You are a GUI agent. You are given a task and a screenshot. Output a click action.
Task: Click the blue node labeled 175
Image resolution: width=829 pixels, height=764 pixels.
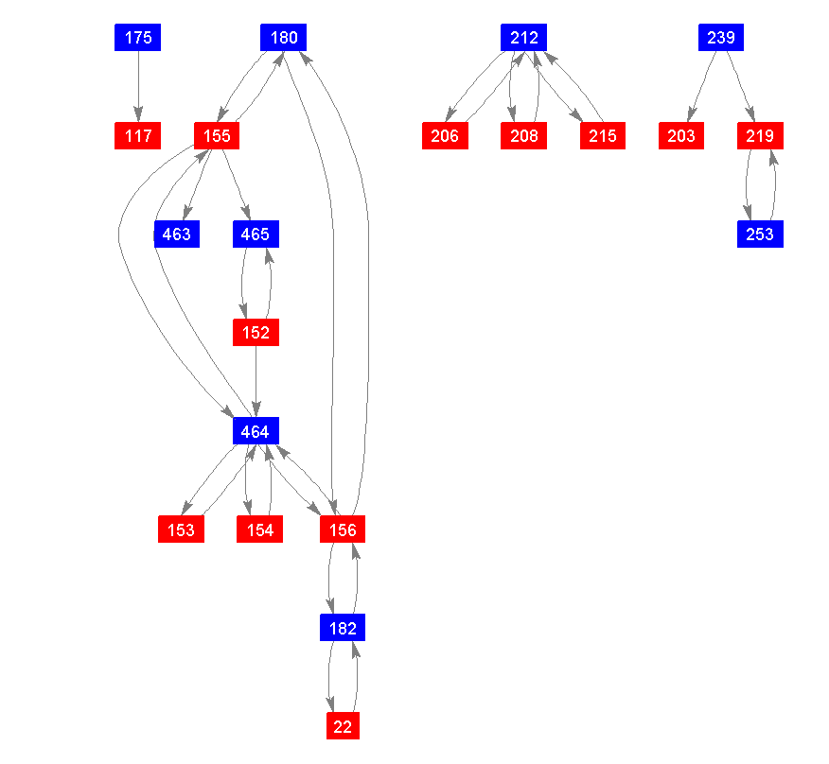138,38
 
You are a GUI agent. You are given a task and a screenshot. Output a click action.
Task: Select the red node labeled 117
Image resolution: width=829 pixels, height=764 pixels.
138,136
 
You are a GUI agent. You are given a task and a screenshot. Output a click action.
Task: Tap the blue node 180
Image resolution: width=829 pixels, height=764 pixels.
284,38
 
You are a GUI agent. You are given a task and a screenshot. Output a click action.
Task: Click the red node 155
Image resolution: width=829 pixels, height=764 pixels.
217,136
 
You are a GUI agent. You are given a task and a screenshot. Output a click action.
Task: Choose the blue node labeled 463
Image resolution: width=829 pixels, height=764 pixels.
177,234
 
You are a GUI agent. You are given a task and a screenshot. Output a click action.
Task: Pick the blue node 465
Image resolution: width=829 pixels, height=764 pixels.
256,234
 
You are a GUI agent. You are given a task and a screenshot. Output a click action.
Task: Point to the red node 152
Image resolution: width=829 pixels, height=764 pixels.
256,333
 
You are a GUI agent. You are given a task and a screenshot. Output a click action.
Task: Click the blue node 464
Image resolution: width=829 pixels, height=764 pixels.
256,431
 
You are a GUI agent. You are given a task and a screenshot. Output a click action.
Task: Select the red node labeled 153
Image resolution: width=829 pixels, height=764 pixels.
181,530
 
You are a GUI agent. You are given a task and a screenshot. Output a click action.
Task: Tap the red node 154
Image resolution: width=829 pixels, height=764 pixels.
260,530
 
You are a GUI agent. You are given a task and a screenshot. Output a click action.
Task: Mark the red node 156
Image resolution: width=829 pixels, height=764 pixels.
343,530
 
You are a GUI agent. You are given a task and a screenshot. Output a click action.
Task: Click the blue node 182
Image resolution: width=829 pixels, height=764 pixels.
343,628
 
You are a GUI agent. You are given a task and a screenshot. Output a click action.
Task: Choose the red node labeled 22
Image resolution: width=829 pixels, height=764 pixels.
343,726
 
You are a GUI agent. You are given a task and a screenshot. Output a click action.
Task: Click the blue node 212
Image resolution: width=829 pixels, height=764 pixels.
523,38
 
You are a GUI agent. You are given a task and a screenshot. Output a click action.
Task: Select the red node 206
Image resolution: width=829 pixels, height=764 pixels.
445,136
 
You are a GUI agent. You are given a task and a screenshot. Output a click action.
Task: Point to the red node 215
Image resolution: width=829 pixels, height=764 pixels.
603,136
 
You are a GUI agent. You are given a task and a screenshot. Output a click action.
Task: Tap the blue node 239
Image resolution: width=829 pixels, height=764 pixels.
721,38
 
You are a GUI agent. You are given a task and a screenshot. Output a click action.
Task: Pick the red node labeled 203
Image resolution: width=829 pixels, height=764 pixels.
681,136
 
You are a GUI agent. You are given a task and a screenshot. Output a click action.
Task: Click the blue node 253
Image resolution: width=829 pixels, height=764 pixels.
760,234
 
